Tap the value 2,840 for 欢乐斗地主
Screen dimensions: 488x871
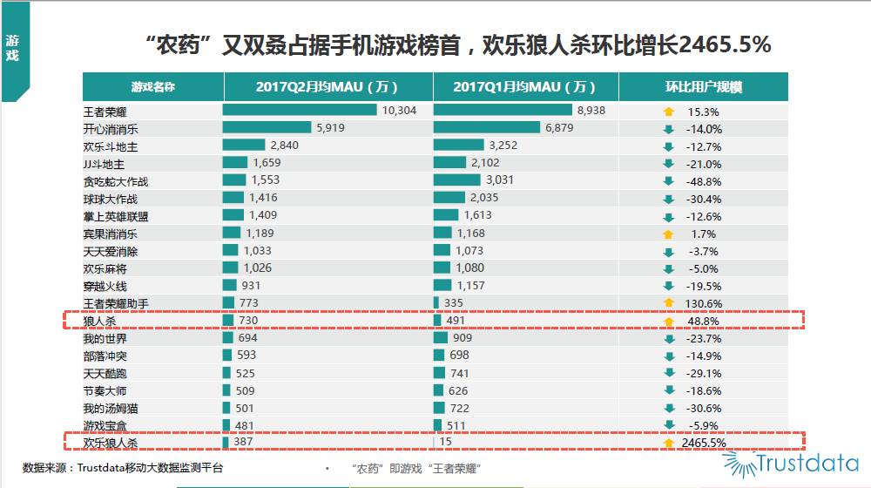coord(285,146)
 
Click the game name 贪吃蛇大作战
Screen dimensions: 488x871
coord(116,181)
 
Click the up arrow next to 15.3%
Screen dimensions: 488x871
coord(669,112)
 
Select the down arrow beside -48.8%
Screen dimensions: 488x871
coord(669,181)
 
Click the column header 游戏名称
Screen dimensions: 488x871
coord(152,87)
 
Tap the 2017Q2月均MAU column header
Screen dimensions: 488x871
coord(327,87)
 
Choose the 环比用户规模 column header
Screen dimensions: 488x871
coord(703,87)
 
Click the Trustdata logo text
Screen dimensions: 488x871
coord(807,463)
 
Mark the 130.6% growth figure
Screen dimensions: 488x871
coord(704,303)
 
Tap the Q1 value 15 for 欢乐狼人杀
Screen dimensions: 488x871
coord(446,443)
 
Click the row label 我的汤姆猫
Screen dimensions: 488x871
coord(110,408)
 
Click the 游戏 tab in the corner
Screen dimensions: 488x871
coord(12,48)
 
